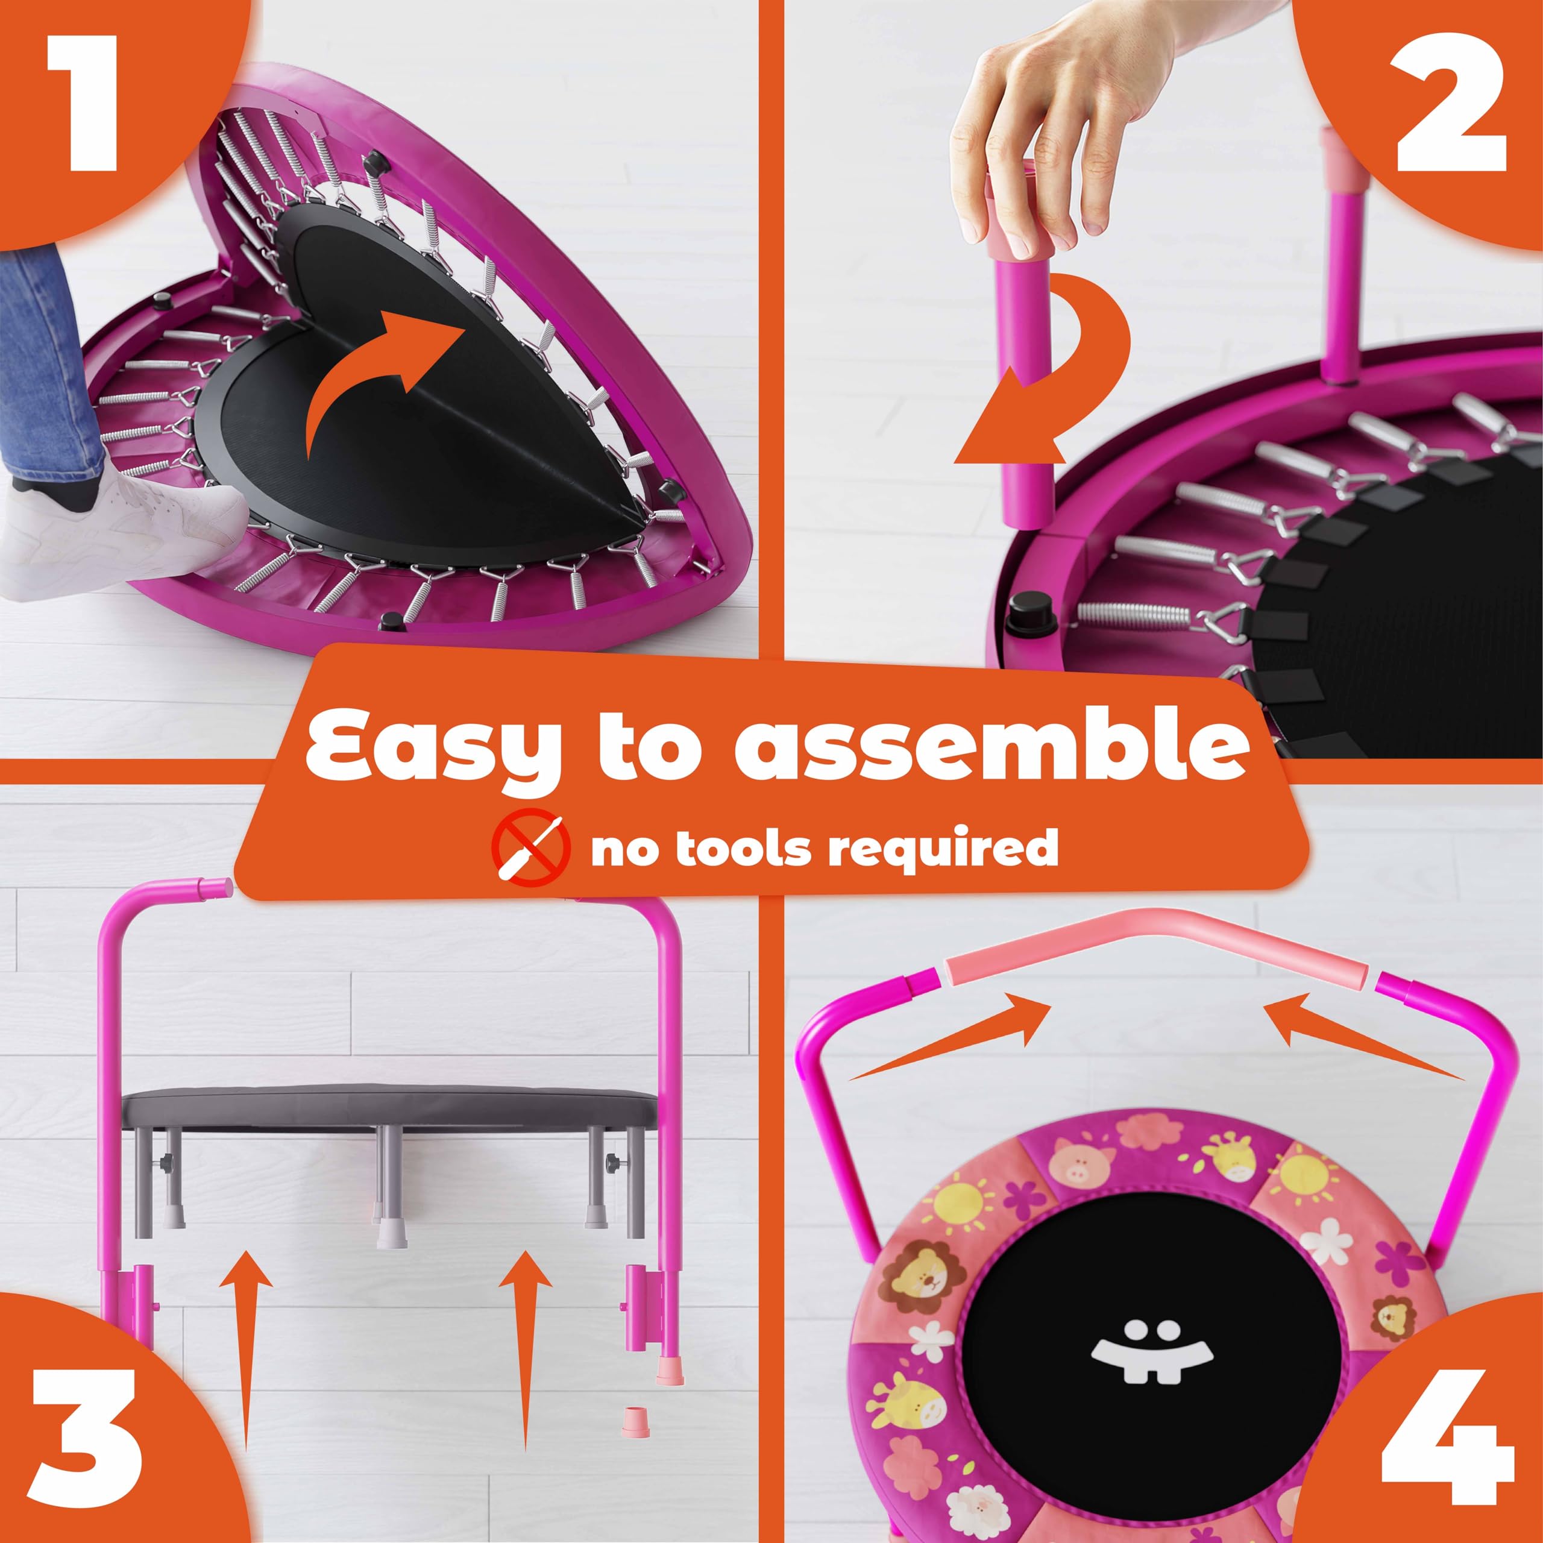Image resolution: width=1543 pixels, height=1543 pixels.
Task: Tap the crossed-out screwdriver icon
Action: pos(531,849)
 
